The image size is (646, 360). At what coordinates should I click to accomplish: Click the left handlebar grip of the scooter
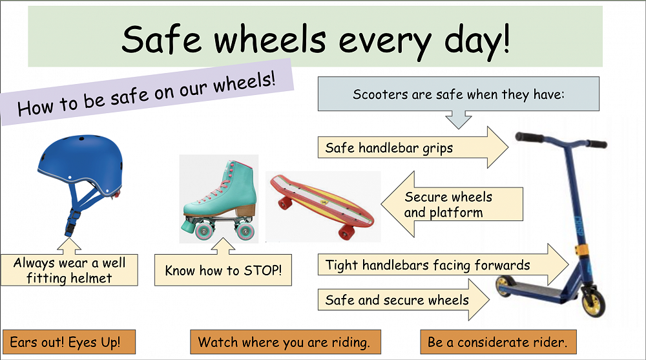[x=529, y=137]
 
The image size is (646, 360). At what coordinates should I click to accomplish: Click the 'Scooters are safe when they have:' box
[x=459, y=94]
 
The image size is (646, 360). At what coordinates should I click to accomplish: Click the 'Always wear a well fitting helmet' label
[x=70, y=270]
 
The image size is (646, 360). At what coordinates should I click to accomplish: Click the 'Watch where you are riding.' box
[x=285, y=342]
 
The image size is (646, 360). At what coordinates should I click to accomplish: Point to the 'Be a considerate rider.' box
[x=497, y=342]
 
